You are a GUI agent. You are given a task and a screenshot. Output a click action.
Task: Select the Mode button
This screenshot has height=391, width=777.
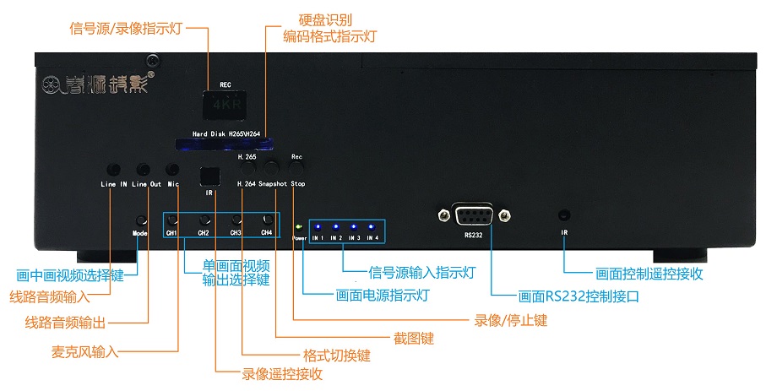140,220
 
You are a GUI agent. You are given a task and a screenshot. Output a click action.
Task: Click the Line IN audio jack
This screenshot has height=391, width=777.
114,170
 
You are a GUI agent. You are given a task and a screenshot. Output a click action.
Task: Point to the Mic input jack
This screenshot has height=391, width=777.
172,170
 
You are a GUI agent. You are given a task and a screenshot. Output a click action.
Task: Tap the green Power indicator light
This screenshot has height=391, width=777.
298,226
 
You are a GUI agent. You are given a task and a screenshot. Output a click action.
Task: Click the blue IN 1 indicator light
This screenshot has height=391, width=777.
318,227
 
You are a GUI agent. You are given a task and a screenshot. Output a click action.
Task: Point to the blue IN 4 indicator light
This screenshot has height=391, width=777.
372,227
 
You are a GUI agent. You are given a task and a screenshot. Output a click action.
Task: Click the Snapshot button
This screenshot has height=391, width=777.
272,167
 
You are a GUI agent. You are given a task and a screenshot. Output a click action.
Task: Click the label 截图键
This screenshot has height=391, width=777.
413,338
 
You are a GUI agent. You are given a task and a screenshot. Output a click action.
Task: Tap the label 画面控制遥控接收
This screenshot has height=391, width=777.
649,273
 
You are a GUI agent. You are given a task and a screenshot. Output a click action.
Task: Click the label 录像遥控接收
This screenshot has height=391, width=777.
282,373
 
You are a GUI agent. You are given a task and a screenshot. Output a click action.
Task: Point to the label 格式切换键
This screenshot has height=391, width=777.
336,356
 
